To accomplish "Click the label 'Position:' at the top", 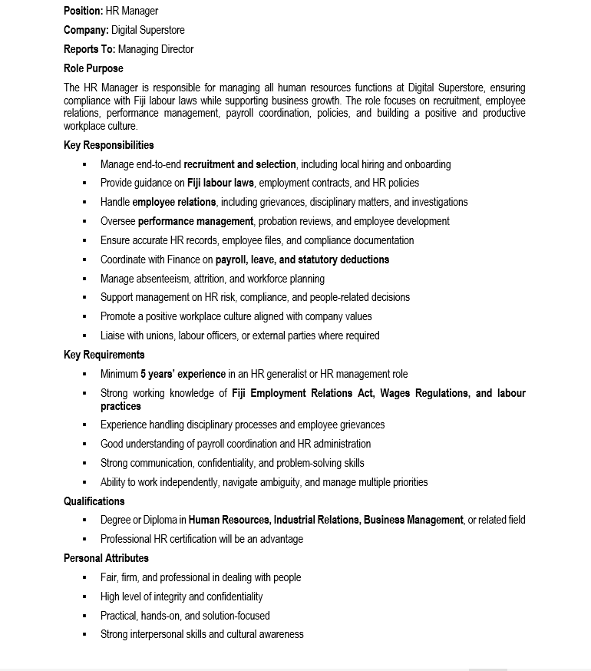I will point(84,11).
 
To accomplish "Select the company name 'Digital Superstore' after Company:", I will point(148,30).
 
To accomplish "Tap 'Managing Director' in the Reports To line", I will point(156,49).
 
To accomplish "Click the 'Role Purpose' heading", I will point(94,68).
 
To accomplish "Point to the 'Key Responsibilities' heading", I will point(109,145).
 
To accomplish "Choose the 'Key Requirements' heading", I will point(104,355).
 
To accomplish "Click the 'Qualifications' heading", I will point(94,501).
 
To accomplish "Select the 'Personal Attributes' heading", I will point(107,558).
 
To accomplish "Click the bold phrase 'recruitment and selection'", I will point(239,164).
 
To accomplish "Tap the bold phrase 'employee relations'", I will point(174,202).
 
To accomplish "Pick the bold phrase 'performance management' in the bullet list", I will point(196,221).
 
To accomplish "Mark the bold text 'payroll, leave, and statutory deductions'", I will point(302,259).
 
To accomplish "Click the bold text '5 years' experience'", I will point(183,374).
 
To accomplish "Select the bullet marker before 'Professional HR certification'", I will point(84,539).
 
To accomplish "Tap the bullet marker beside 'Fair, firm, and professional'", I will point(84,577).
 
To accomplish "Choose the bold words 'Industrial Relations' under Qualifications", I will point(317,520).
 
